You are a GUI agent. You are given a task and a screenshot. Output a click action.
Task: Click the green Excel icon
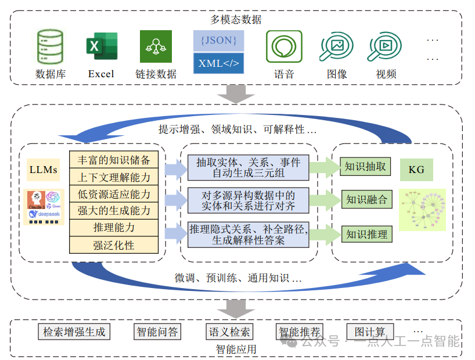coord(102,46)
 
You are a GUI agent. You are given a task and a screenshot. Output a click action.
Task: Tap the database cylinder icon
coord(51,46)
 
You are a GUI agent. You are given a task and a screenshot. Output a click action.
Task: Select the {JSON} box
coord(218,41)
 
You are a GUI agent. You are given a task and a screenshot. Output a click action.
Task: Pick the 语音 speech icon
coord(284,46)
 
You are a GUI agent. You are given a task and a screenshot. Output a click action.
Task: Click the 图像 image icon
coord(336,47)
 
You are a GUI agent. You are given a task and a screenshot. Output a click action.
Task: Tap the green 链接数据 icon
coord(156,46)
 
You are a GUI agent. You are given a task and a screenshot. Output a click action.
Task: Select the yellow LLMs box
coord(43,170)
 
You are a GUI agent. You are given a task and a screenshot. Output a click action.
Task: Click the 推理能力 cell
coord(114,228)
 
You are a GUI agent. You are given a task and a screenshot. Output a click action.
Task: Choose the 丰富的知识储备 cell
coord(114,160)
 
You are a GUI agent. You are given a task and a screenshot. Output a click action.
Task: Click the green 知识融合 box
coord(366,200)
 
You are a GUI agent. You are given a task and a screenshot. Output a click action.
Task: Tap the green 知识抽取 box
coord(365,167)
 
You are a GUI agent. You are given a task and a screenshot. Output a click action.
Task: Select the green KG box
coord(416,170)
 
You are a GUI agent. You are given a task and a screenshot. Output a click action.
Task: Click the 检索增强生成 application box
coord(74,332)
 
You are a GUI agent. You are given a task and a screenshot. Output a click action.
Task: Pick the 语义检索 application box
coord(229,332)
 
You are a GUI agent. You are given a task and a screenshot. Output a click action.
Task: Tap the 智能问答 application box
coord(157,332)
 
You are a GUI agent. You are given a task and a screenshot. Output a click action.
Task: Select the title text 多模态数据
coord(236,19)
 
